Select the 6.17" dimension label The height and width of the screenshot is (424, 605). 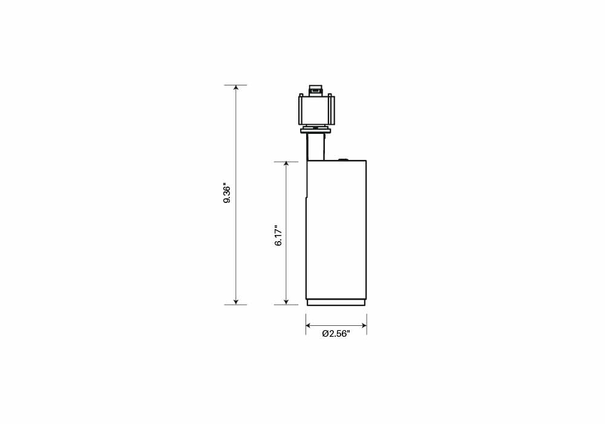(278, 236)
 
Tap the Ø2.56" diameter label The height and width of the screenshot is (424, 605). (336, 334)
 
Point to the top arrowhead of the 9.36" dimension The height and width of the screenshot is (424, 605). (236, 88)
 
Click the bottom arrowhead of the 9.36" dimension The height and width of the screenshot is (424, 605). (236, 302)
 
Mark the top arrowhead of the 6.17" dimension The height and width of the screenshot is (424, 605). (286, 165)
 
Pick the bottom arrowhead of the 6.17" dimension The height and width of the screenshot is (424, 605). (286, 302)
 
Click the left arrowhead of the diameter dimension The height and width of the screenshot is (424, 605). (309, 325)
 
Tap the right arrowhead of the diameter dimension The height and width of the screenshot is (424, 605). (364, 325)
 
